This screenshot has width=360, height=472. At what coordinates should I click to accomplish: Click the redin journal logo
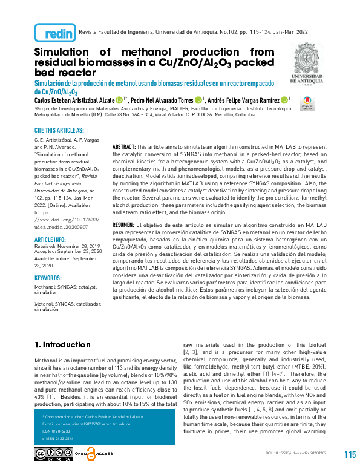[x=56, y=33]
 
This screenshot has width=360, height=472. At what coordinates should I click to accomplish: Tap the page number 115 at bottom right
[x=350, y=455]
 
